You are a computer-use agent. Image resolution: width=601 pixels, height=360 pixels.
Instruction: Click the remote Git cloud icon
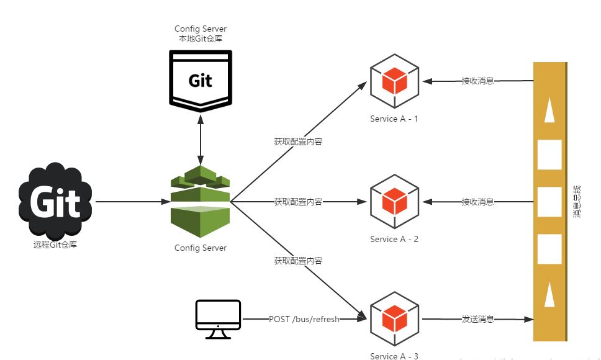55,202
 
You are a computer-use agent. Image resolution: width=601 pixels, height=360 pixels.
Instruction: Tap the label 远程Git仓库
55,245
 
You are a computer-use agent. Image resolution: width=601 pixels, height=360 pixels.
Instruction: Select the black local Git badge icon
200,80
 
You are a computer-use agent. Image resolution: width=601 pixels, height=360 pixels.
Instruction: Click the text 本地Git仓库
200,38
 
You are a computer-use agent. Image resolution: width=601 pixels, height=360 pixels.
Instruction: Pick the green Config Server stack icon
200,197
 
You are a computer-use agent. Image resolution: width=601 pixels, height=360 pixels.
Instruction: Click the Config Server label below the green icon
200,248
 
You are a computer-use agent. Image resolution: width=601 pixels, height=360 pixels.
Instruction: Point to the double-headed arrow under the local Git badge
200,137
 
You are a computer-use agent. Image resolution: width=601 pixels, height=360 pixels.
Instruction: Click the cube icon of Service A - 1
394,81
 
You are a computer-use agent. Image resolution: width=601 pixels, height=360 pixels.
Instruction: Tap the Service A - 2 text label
394,239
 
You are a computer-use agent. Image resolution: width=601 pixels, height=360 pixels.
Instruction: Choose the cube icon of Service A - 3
394,320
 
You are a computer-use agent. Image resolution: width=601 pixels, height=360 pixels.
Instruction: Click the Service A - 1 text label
394,119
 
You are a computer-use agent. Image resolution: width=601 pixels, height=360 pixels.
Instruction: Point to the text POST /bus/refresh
304,319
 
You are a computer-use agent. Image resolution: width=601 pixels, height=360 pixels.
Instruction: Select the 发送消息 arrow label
477,319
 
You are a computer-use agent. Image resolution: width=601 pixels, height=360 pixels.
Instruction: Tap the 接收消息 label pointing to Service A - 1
477,81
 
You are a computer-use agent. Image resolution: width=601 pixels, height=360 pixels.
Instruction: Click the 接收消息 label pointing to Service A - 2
477,202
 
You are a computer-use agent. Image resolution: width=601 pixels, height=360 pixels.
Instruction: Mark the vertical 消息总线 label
577,201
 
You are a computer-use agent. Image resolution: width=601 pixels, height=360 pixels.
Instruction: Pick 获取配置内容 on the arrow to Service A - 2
298,202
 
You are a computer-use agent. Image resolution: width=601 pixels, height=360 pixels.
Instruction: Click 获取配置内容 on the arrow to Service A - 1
298,142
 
